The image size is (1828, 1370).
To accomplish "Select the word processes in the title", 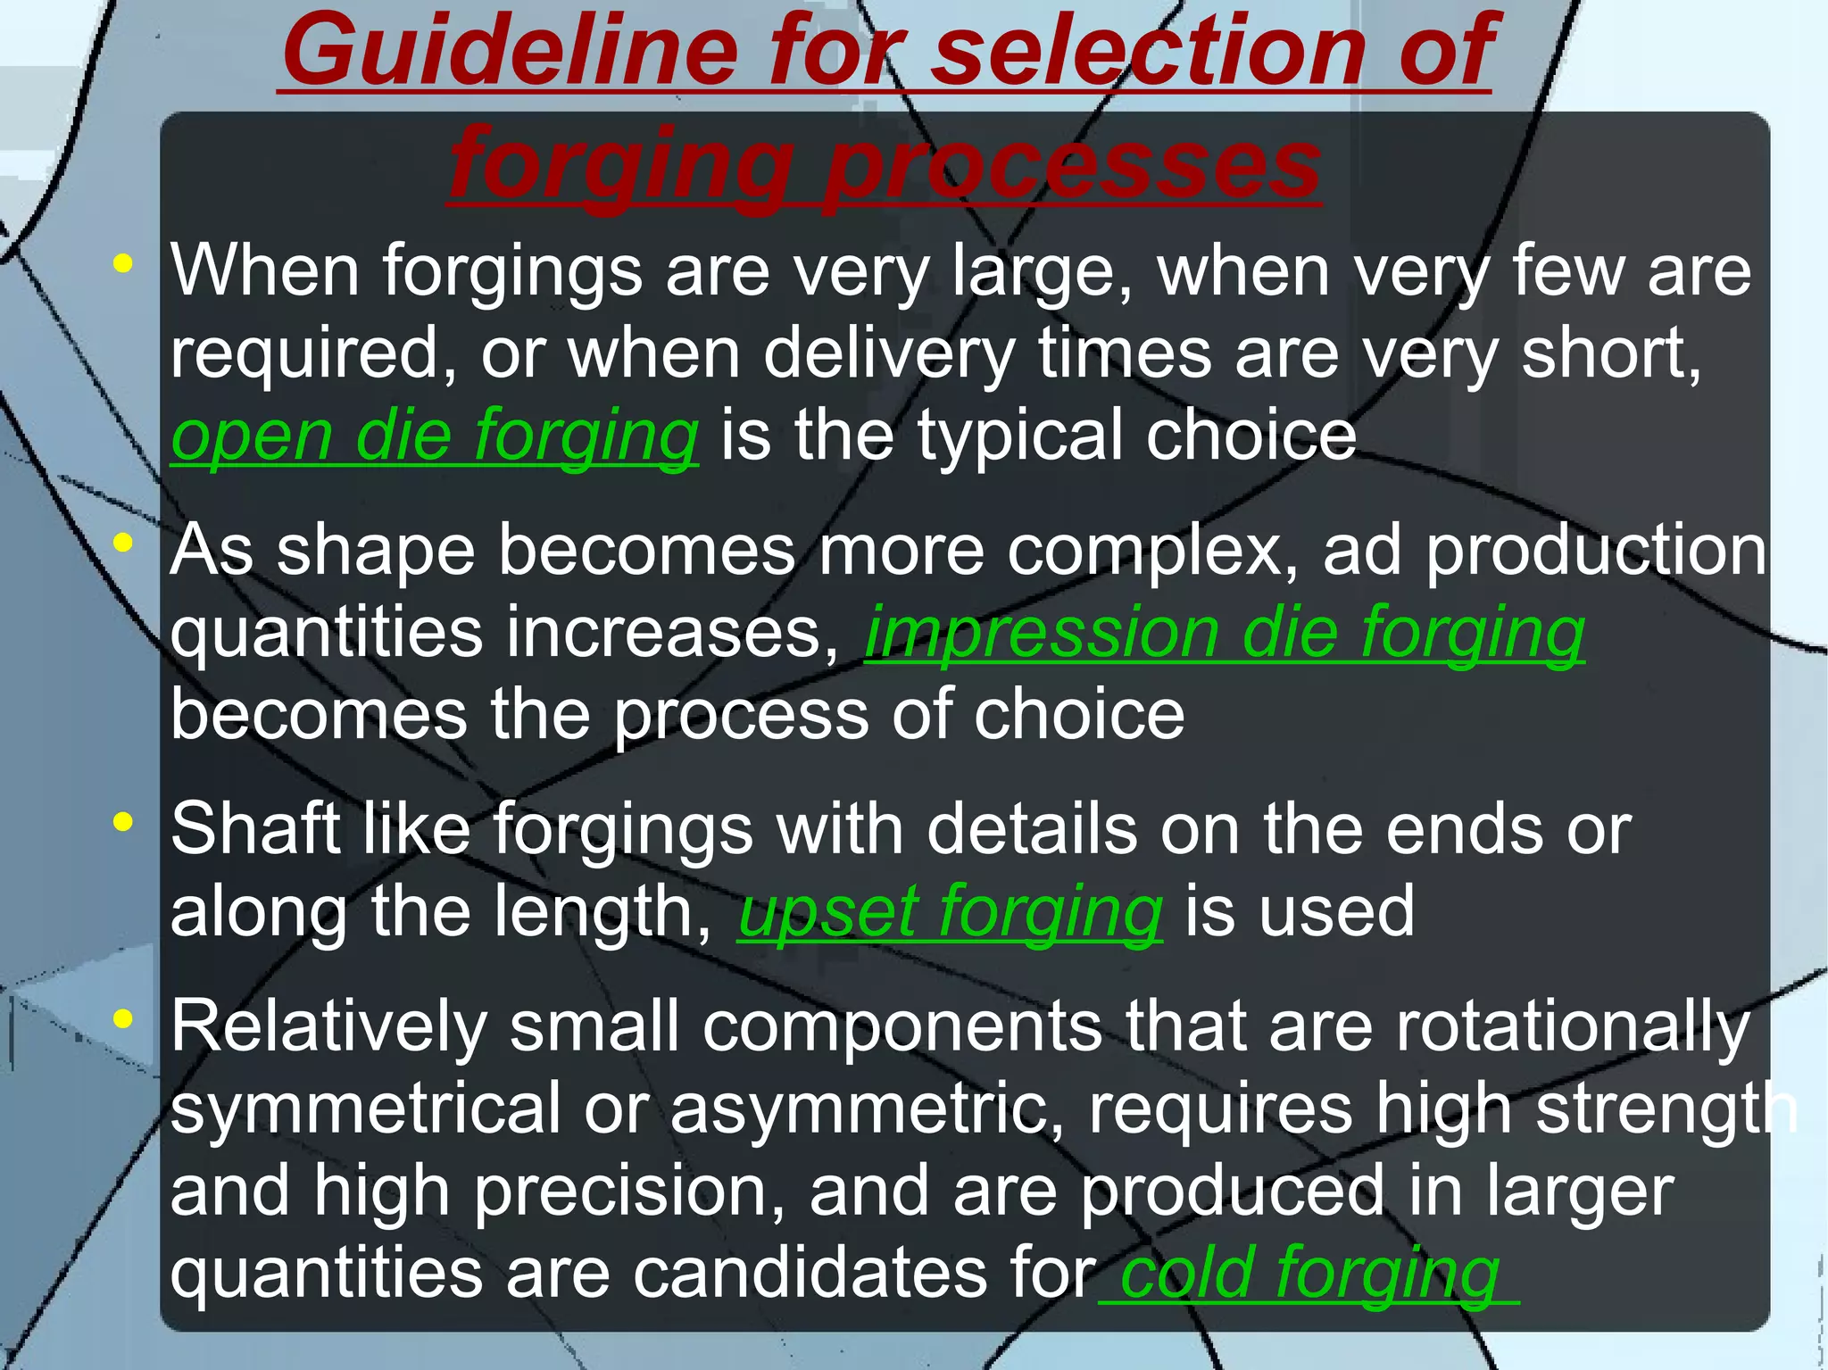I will pyautogui.click(x=1072, y=165).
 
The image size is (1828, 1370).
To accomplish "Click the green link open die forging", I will pyautogui.click(x=435, y=436).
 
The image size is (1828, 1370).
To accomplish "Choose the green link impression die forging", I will pyautogui.click(x=1225, y=633).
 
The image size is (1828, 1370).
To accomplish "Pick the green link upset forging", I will pyautogui.click(x=951, y=911).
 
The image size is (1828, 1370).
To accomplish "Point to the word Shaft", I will pyautogui.click(x=255, y=829).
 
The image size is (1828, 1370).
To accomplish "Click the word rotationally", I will pyautogui.click(x=1572, y=1026).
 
